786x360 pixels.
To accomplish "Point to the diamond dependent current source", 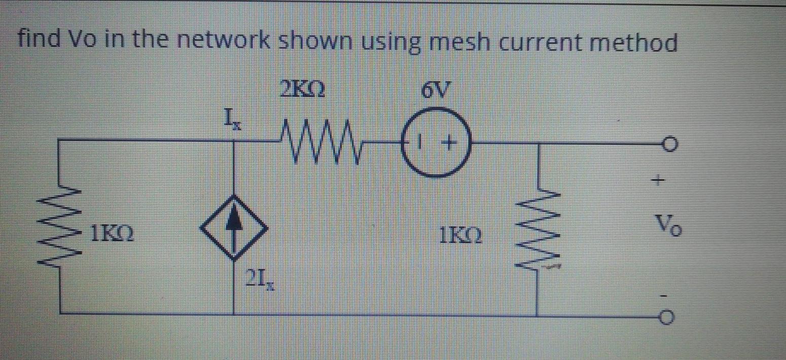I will coord(234,228).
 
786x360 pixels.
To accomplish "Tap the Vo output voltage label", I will coord(668,225).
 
